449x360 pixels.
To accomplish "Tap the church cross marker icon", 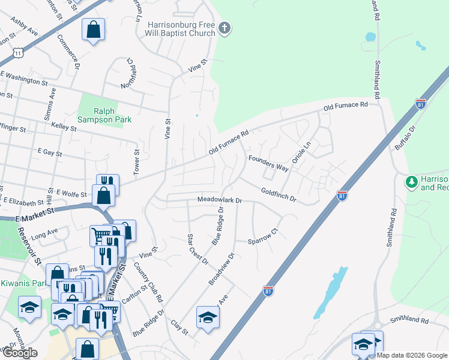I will point(224,28).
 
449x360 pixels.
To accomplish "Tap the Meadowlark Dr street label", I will point(220,200).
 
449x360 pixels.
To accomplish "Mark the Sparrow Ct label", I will point(264,236).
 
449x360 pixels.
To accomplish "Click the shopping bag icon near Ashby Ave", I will point(93,29).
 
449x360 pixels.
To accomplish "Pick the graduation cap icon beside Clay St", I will point(208,317).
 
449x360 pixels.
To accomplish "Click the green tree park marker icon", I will point(412,181).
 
